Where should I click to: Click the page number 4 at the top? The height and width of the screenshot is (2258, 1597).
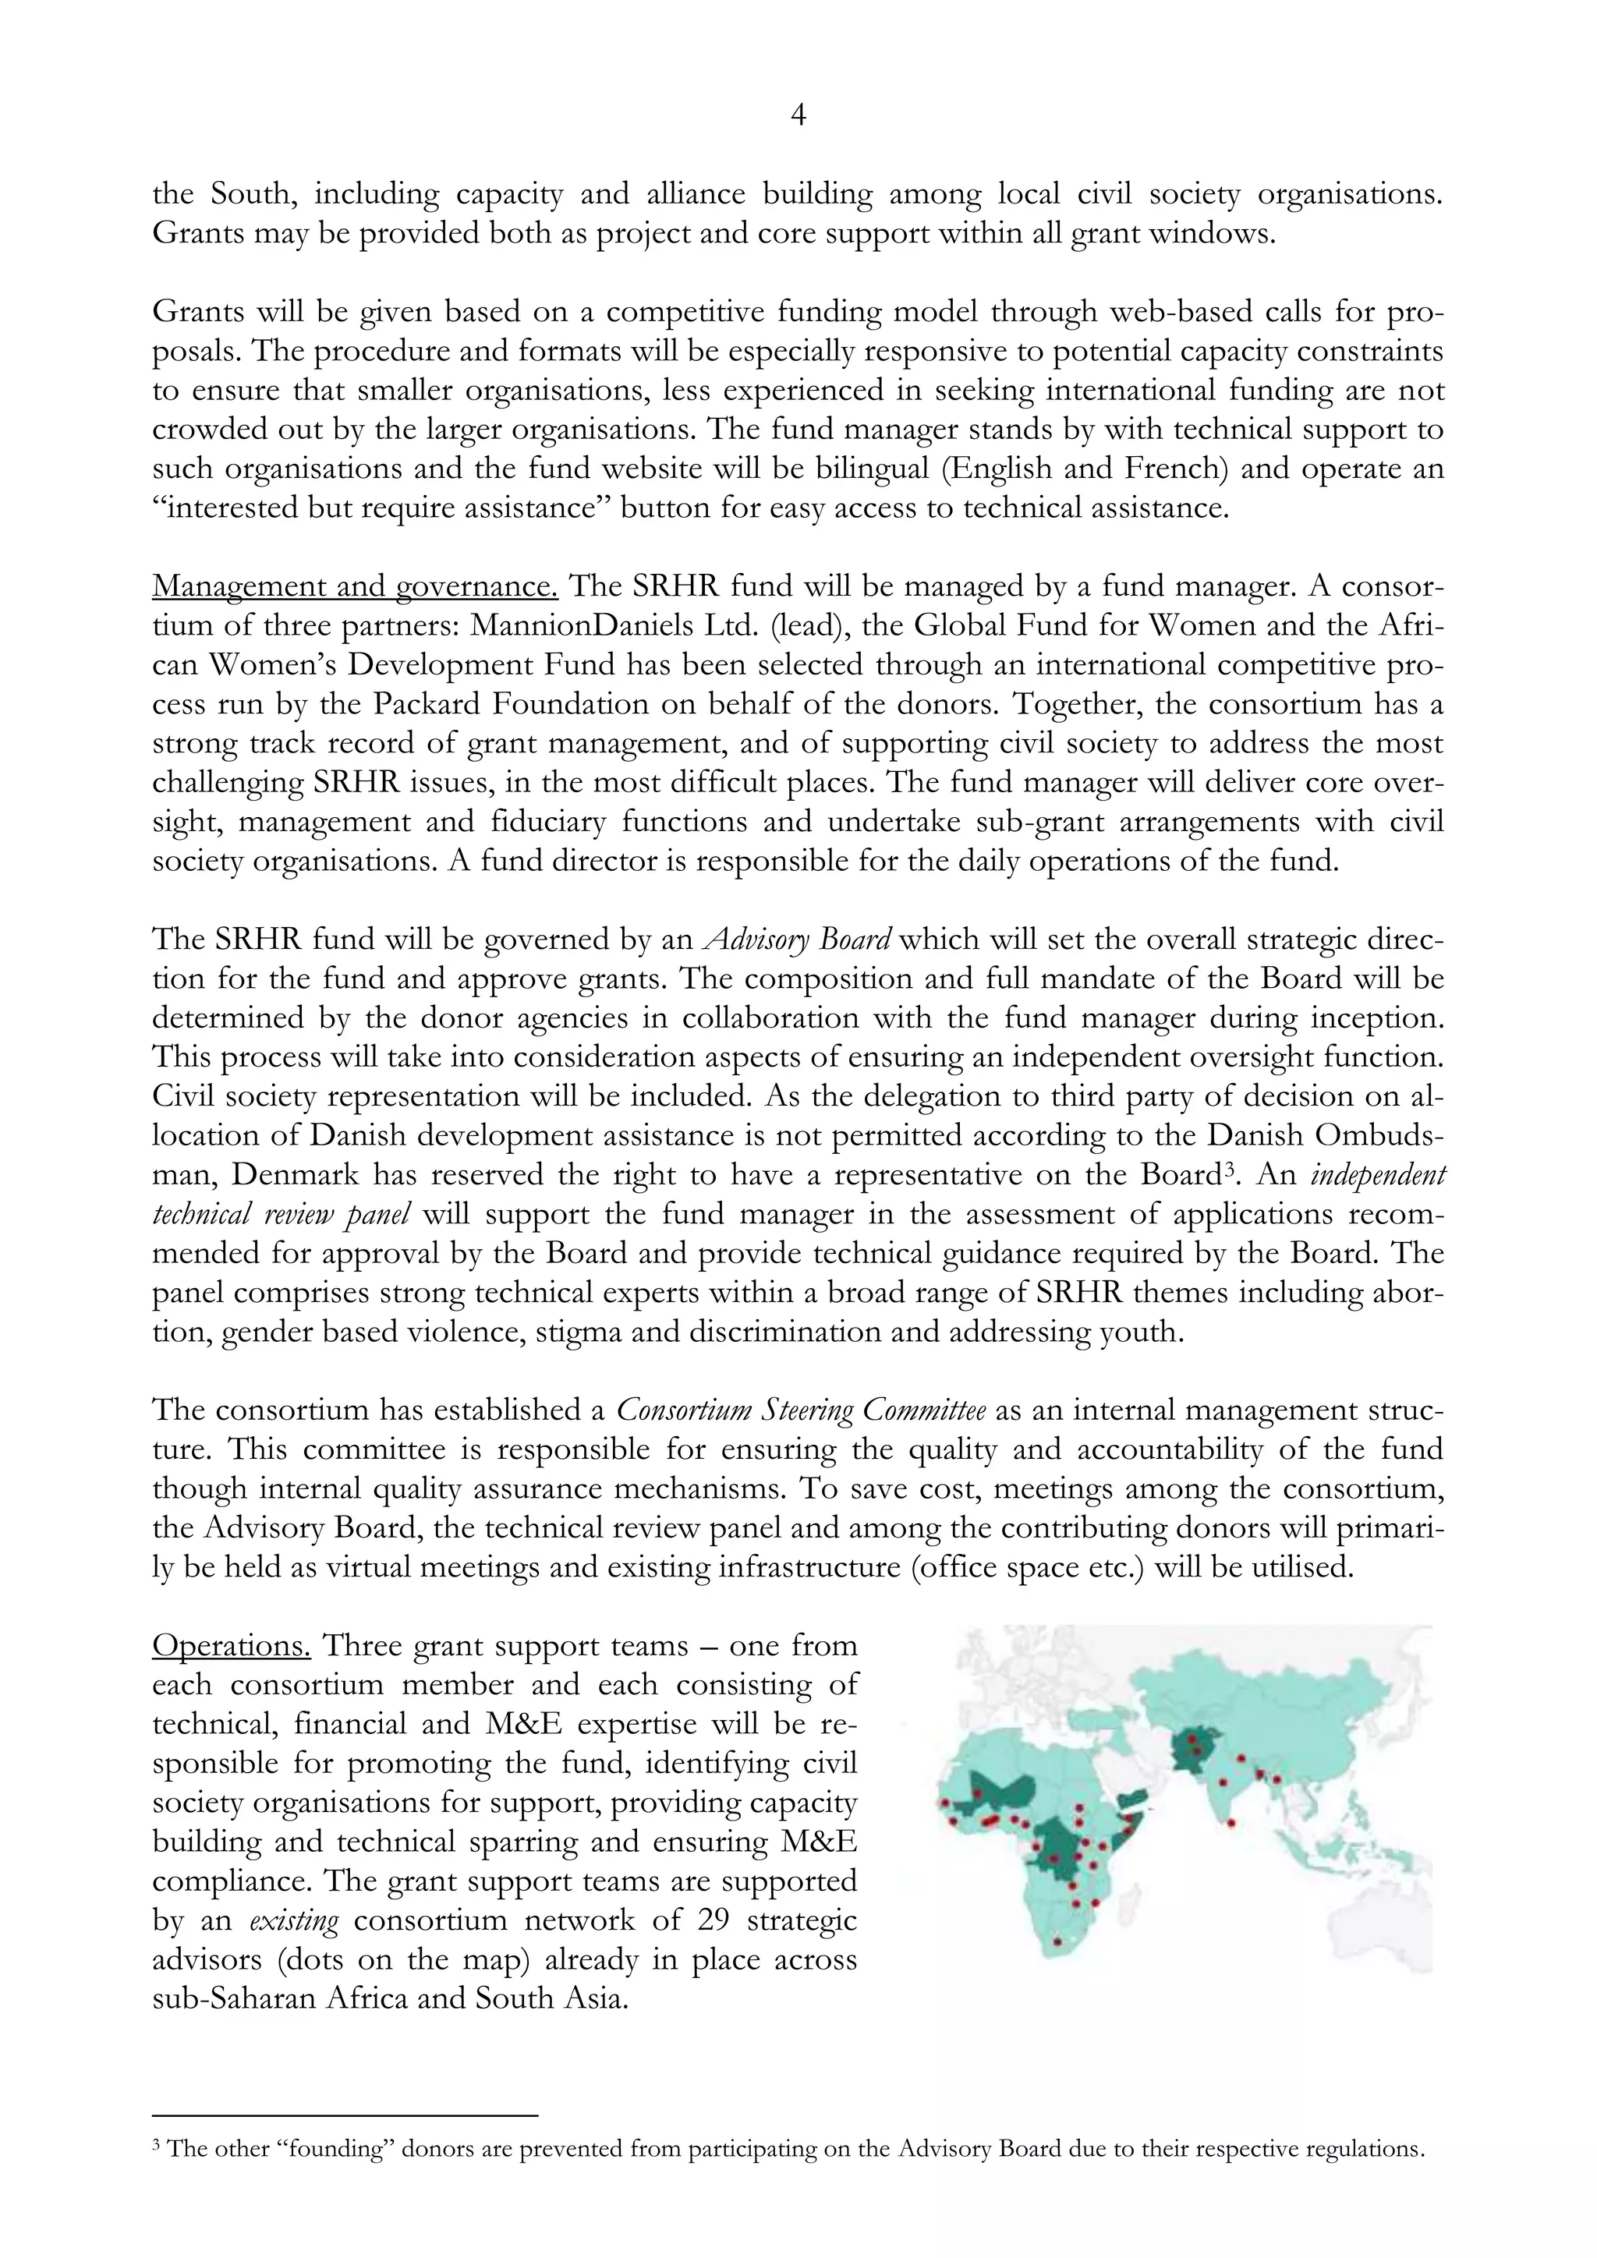[x=798, y=116]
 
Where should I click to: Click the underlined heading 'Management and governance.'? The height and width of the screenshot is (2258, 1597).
[x=355, y=586]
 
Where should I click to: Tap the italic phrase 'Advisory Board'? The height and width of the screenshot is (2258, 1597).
[x=798, y=940]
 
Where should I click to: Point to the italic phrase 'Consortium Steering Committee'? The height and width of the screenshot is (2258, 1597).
[x=801, y=1410]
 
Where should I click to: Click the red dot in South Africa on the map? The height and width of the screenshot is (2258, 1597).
[x=1057, y=1941]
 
